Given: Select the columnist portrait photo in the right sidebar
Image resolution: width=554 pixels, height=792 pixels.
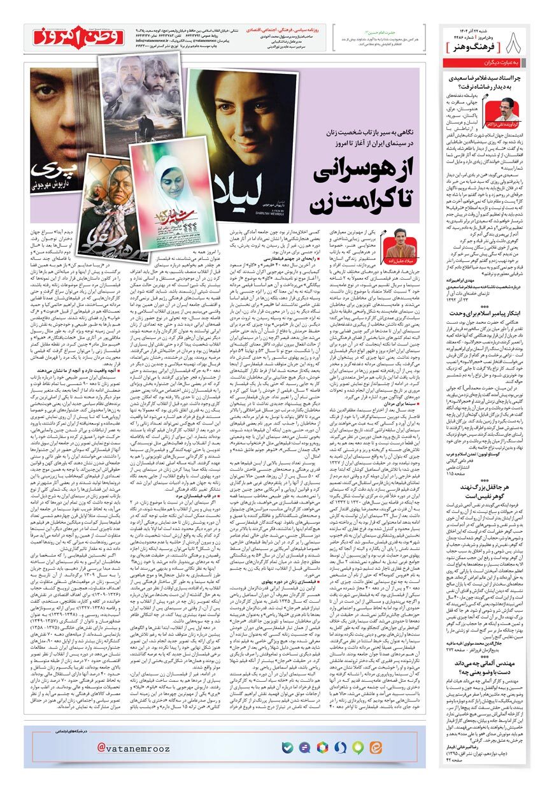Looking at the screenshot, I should [x=511, y=115].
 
